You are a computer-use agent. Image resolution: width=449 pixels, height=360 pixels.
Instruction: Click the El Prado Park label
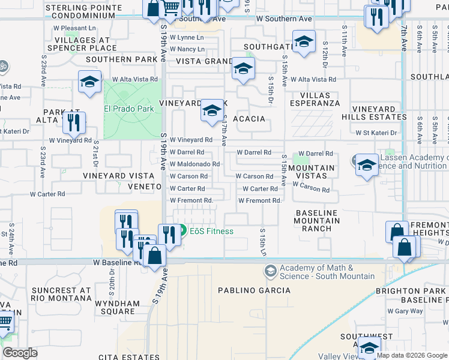pyautogui.click(x=129, y=109)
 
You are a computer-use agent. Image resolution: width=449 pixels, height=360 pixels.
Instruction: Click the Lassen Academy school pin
pyautogui.click(x=365, y=164)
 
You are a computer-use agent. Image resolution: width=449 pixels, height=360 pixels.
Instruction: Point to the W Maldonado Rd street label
pyautogui.click(x=194, y=164)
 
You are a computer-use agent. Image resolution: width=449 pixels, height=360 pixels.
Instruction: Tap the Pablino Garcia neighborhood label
pyautogui.click(x=262, y=290)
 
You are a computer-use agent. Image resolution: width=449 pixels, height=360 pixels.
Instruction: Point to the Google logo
pyautogui.click(x=20, y=353)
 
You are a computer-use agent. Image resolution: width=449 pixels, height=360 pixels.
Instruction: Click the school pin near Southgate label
pyautogui.click(x=304, y=42)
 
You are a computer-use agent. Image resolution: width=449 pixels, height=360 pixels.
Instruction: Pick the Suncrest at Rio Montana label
pyautogui.click(x=62, y=294)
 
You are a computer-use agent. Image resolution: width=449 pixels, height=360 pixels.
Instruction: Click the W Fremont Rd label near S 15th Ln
pyautogui.click(x=260, y=200)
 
